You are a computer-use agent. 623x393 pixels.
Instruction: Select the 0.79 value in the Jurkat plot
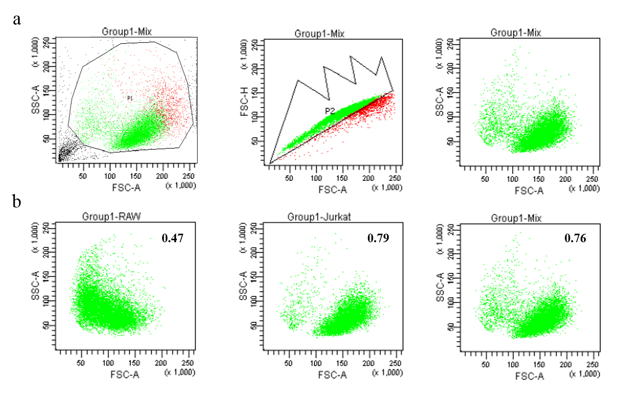[x=378, y=237]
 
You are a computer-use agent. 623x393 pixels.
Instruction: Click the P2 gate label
[x=329, y=111]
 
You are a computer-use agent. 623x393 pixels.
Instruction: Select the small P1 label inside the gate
[x=130, y=99]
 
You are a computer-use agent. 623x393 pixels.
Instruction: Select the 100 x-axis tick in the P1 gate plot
[x=109, y=176]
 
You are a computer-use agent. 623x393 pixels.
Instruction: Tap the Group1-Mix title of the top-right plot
[x=516, y=32]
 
